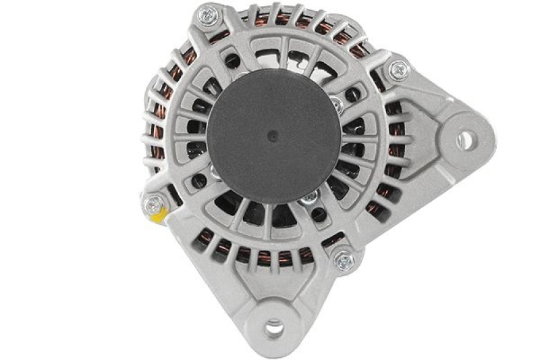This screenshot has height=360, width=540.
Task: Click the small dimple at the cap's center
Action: coord(271,135)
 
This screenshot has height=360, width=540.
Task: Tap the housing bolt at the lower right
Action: coord(344,260)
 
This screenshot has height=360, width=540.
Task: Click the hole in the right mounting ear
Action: coord(464,140)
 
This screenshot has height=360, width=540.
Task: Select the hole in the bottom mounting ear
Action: coord(273,328)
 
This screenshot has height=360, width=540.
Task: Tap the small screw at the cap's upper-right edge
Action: coord(337,105)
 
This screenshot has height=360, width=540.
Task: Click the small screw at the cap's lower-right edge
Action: coord(311,197)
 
